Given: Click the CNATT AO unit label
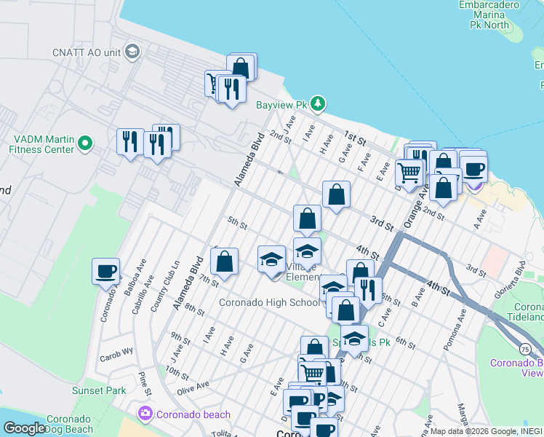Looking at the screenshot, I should coord(87,52).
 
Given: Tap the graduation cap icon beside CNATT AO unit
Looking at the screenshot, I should coord(132,52).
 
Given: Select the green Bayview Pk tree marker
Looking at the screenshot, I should coord(319,104).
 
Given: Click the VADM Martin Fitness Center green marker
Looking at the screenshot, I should coord(85,143).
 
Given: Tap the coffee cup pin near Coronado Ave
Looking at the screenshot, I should coord(105,272).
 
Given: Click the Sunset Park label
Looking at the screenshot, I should coord(99,390).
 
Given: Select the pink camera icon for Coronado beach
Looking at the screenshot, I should coord(145,414).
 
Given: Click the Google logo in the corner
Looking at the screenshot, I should coord(24,428).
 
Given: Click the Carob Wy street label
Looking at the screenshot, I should coord(117,350).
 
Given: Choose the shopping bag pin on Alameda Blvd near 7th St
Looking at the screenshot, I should coord(225,261).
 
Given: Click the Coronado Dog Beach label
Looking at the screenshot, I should coord(70,425).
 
